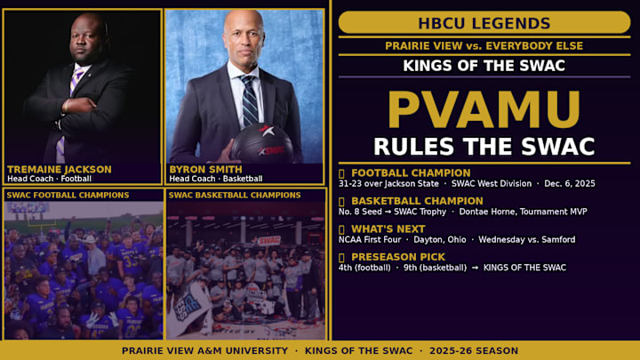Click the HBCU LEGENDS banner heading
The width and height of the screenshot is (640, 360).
click(484, 23)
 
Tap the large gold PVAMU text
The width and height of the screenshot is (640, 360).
click(484, 109)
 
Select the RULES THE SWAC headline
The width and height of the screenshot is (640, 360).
click(484, 146)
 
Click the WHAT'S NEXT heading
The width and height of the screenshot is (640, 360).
click(388, 228)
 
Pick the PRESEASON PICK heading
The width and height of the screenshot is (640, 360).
click(396, 257)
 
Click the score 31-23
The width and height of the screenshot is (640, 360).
click(352, 184)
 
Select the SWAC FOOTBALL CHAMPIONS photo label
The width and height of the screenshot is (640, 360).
click(68, 195)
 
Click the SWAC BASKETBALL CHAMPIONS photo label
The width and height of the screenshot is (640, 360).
click(234, 195)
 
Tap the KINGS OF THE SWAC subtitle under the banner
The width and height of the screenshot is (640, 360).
click(484, 66)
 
